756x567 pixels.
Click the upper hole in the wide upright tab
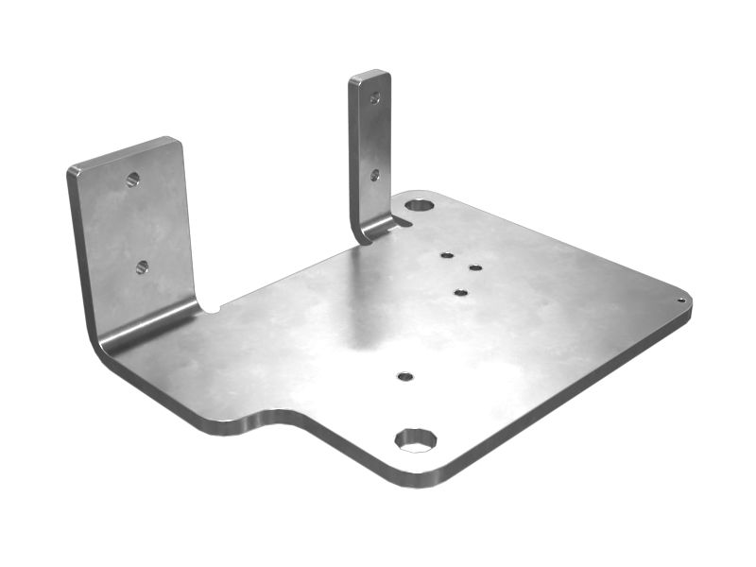(133, 179)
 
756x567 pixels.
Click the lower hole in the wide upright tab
(142, 267)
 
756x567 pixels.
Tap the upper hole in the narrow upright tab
(375, 97)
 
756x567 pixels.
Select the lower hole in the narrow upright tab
(375, 175)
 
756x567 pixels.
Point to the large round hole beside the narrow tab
(420, 205)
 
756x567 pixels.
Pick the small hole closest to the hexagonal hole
(405, 376)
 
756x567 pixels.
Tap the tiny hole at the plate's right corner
(680, 301)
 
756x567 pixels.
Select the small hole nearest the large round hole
(447, 255)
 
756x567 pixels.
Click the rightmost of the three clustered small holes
(475, 267)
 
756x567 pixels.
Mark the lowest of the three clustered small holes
(460, 293)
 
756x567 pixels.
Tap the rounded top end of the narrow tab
(369, 75)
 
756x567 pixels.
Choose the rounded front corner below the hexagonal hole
(416, 477)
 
